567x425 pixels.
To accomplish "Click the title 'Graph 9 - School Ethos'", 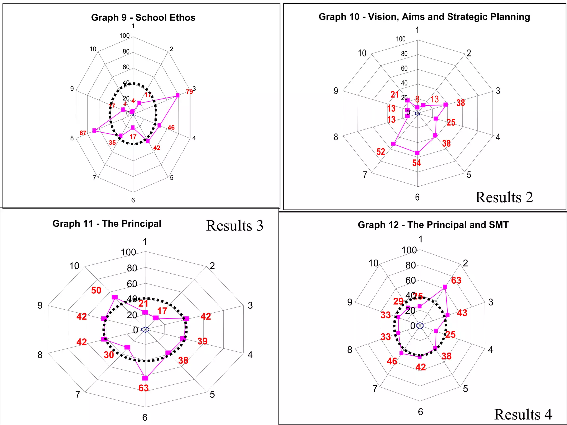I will [143, 17].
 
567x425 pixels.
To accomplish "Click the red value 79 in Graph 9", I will [189, 92].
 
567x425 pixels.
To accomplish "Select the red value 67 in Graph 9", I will [83, 133].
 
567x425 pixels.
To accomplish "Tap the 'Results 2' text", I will [504, 197].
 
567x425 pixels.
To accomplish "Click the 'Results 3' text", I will [234, 226].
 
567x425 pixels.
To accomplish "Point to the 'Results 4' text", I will [523, 414].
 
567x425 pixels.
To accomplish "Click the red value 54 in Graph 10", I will [416, 163].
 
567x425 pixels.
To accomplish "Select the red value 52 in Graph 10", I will [381, 152].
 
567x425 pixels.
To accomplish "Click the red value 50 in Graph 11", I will [96, 290].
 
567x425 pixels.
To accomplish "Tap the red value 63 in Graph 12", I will [456, 280].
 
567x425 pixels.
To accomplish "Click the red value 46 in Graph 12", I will [392, 361].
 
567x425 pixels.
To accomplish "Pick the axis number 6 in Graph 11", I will [145, 417].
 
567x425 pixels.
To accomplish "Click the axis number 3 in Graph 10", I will [498, 91].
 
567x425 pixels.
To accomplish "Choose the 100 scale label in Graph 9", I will [124, 36].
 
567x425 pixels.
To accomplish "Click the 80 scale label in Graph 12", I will [411, 265].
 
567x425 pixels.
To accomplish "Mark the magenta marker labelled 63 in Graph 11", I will [145, 378].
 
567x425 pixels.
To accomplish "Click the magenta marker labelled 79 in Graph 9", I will [178, 95].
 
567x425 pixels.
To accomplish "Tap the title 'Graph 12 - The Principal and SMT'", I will [433, 225].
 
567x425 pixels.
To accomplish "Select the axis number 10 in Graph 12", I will [373, 263].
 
